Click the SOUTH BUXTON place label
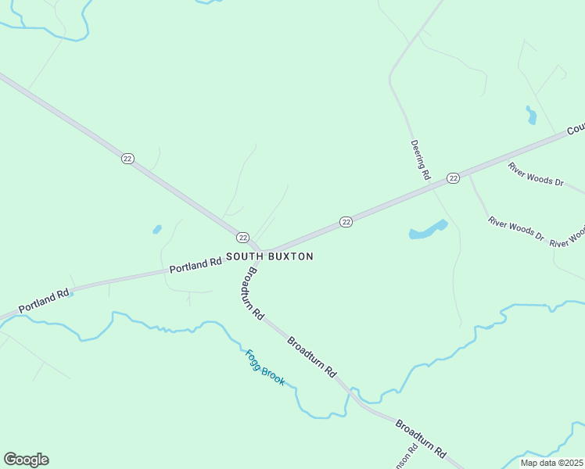(x=270, y=256)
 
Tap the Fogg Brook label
(x=265, y=367)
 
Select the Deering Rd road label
(x=421, y=161)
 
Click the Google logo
(x=26, y=460)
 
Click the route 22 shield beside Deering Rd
(x=453, y=178)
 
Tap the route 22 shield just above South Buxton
(x=242, y=237)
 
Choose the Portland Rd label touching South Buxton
(x=196, y=265)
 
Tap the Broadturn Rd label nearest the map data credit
(x=420, y=438)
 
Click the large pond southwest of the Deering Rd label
(x=427, y=231)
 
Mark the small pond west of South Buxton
(x=157, y=229)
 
